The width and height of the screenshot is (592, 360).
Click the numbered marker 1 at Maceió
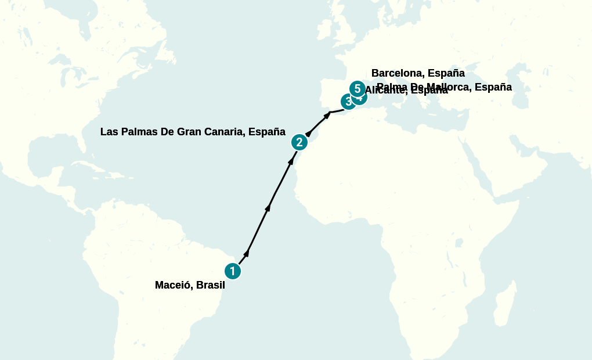[232, 271]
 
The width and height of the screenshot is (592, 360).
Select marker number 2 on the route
[299, 142]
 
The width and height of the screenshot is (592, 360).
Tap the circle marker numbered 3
[348, 102]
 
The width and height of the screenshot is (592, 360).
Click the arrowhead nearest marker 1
[247, 253]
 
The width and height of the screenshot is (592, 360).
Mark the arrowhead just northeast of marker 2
[308, 134]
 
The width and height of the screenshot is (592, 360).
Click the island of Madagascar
[503, 302]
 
